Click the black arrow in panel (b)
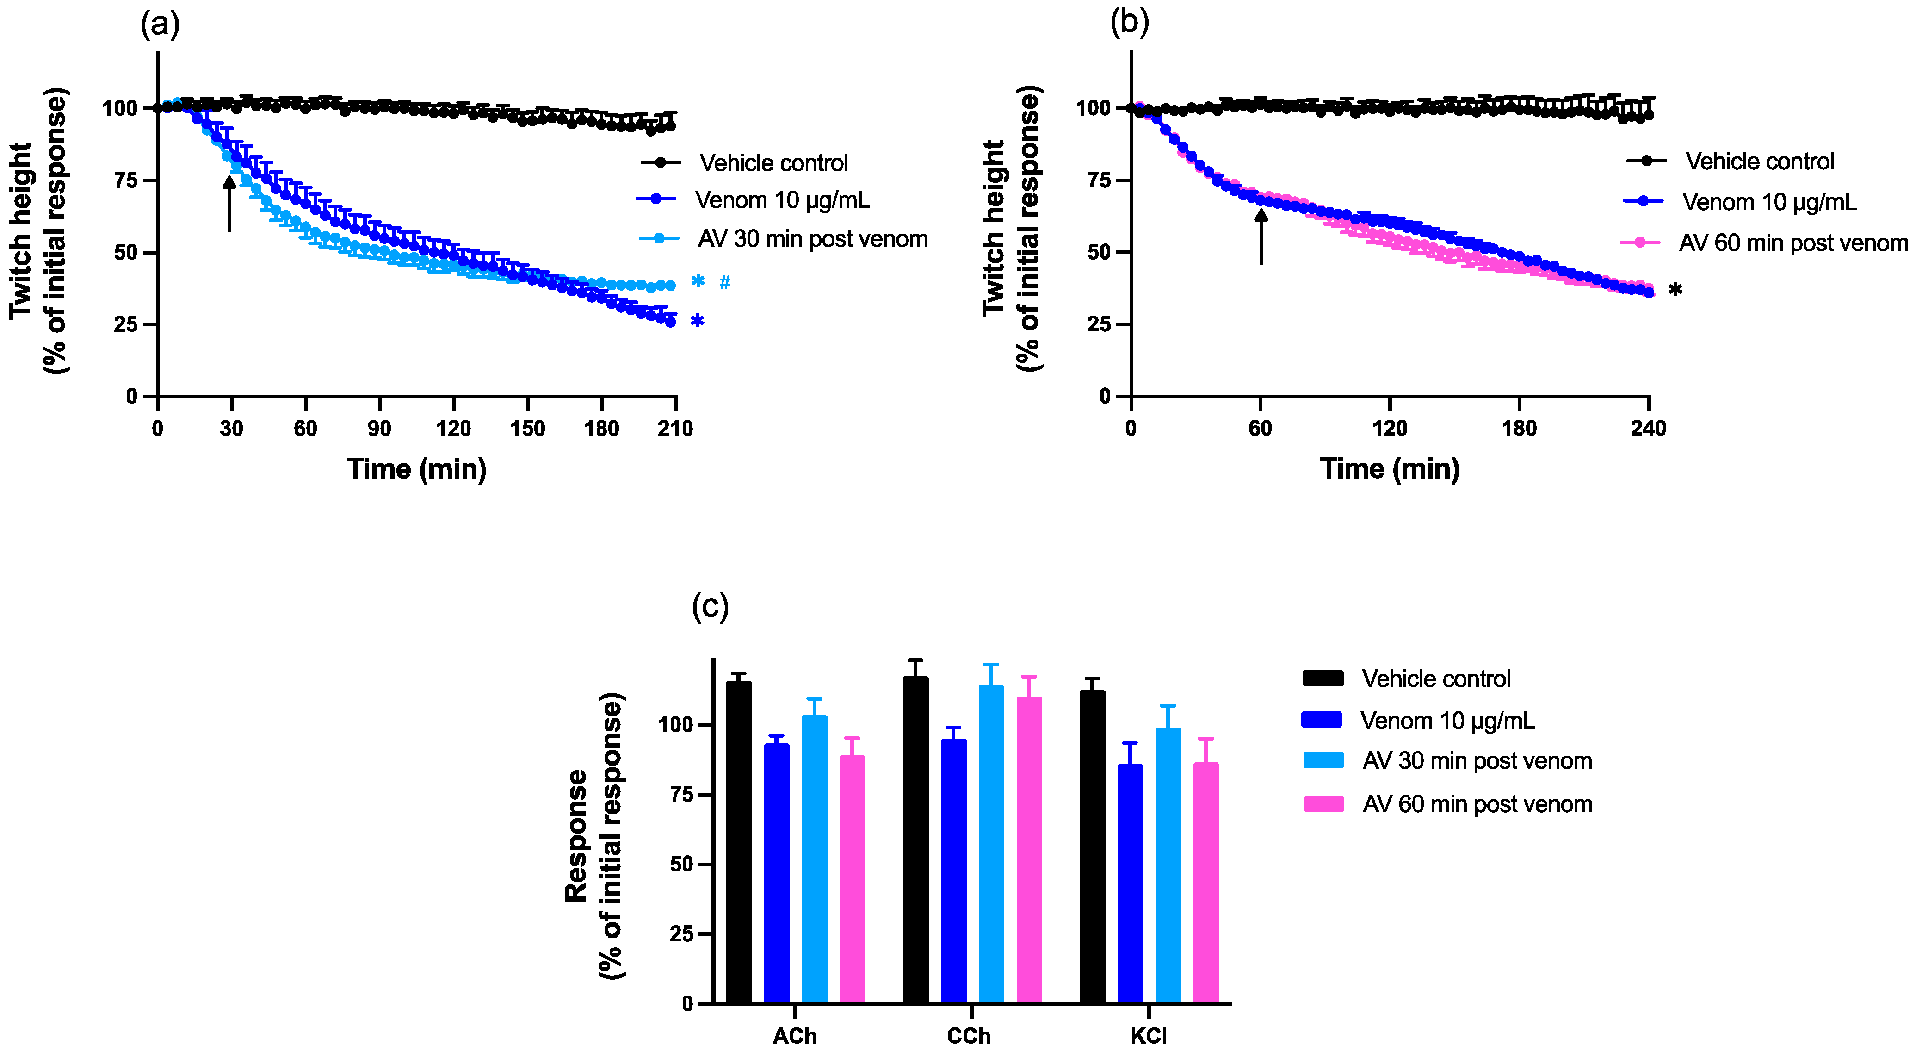[x=1261, y=236]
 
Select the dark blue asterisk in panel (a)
[x=697, y=321]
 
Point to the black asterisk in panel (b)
[x=1675, y=290]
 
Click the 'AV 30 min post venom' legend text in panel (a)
[x=812, y=239]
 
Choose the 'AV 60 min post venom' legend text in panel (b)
[x=1792, y=243]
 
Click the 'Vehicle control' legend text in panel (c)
[x=1435, y=679]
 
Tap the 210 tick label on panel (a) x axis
[x=674, y=429]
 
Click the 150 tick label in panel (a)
[x=527, y=429]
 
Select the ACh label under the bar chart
[x=794, y=1036]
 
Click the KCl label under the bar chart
[x=1149, y=1036]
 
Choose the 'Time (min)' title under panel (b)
[x=1390, y=469]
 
